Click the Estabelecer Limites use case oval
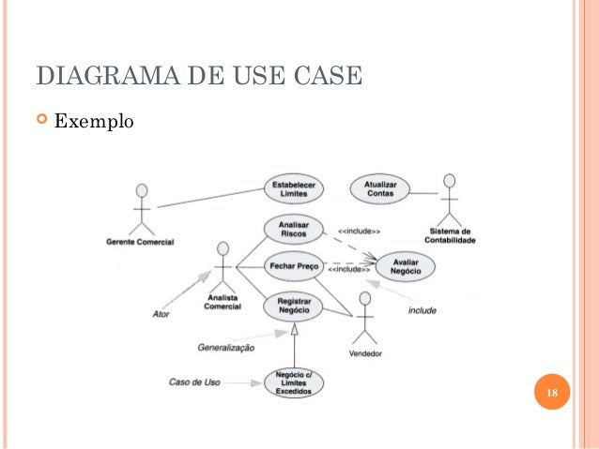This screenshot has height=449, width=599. (295, 187)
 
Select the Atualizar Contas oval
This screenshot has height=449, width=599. (380, 188)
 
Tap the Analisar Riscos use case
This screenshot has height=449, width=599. (293, 230)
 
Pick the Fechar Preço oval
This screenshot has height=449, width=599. (294, 266)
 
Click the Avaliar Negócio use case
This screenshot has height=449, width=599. (407, 266)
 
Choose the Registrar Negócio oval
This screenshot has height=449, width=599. (294, 306)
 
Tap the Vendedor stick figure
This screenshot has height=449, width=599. (365, 319)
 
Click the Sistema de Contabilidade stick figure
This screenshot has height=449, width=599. (450, 198)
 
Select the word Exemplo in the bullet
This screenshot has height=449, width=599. (95, 122)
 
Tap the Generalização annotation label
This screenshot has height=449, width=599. (225, 347)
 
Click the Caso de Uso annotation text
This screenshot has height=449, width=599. (194, 382)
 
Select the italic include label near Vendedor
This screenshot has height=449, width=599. (421, 309)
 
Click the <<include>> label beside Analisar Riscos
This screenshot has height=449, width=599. (359, 230)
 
